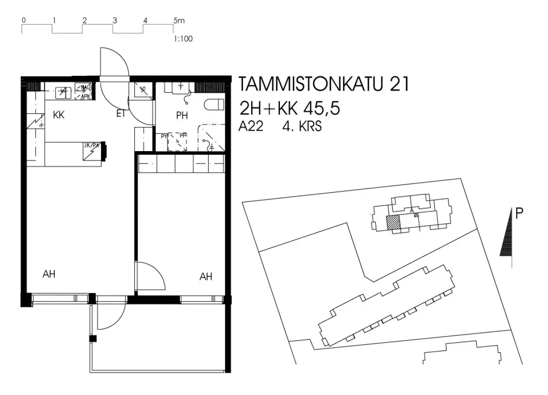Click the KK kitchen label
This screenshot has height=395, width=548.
[58, 116]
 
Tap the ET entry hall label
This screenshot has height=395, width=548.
[121, 114]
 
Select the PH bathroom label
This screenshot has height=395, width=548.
[182, 116]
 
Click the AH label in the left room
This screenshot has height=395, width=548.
[49, 274]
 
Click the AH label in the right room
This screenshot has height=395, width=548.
[206, 276]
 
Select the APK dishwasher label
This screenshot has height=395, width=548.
[85, 96]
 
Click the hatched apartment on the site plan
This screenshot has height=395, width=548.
[393, 223]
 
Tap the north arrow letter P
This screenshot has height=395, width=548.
[519, 212]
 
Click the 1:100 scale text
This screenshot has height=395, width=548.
[183, 39]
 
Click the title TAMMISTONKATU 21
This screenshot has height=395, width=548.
[323, 85]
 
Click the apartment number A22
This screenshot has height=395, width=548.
[251, 127]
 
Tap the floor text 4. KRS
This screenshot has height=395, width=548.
[302, 127]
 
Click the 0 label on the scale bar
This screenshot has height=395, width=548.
[23, 21]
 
